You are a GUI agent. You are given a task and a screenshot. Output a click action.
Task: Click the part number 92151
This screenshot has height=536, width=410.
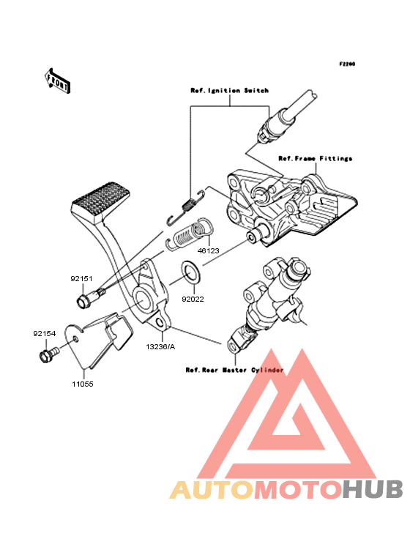point(81,278)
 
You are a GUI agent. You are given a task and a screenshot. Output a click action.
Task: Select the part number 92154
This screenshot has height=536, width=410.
point(45,333)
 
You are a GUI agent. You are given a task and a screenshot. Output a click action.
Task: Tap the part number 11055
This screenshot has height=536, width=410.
point(83,384)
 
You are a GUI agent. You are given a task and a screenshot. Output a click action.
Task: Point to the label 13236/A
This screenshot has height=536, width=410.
point(160,346)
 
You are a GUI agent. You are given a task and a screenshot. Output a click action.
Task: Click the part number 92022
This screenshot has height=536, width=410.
point(193,299)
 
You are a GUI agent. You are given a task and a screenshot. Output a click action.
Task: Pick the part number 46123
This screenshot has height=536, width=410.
point(209,250)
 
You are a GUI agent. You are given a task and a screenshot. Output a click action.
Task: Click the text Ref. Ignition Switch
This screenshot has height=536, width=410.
point(230,91)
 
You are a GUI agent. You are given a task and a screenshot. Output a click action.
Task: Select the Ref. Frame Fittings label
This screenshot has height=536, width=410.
point(316,159)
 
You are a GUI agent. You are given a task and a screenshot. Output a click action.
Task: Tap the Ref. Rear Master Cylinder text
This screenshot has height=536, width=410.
point(235,371)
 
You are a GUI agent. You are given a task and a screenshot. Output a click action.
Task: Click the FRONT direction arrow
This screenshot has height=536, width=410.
point(57,81)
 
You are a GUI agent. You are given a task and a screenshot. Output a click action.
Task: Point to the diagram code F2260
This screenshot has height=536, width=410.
point(347,64)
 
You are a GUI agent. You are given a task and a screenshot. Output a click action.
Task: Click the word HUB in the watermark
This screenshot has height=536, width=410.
point(373,489)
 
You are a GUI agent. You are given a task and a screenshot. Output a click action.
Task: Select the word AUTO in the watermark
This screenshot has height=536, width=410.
point(212,489)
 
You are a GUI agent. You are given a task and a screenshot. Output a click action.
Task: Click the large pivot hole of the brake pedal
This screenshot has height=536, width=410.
point(143,299)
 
